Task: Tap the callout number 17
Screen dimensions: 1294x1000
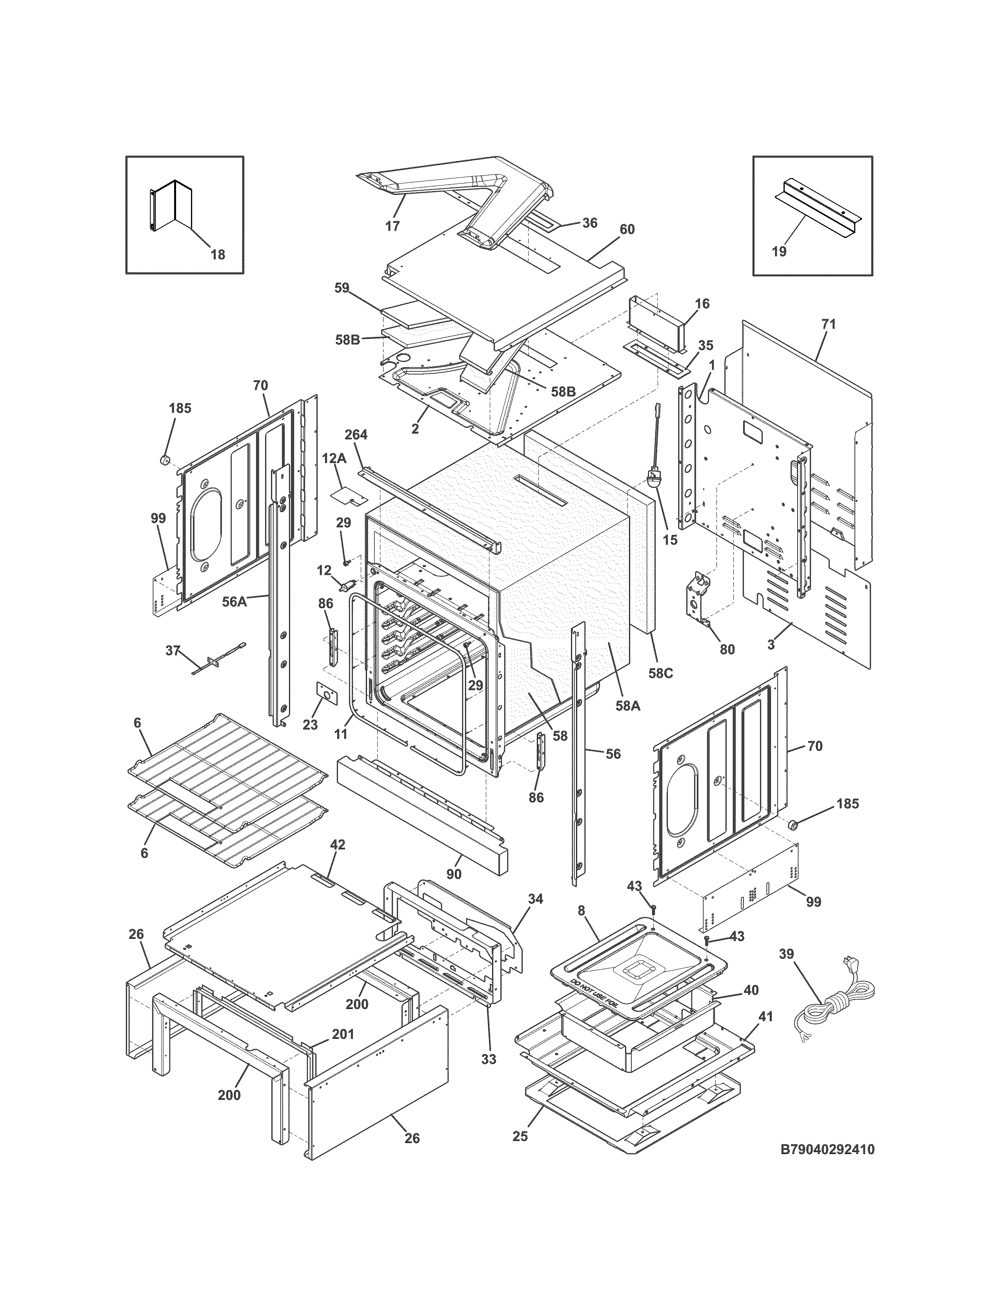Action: coord(392,226)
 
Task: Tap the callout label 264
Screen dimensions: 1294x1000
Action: coord(356,435)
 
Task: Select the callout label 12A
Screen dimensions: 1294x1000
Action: coord(334,458)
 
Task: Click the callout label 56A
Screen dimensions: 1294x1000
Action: coord(235,602)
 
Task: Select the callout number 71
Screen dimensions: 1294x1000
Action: coord(828,324)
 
